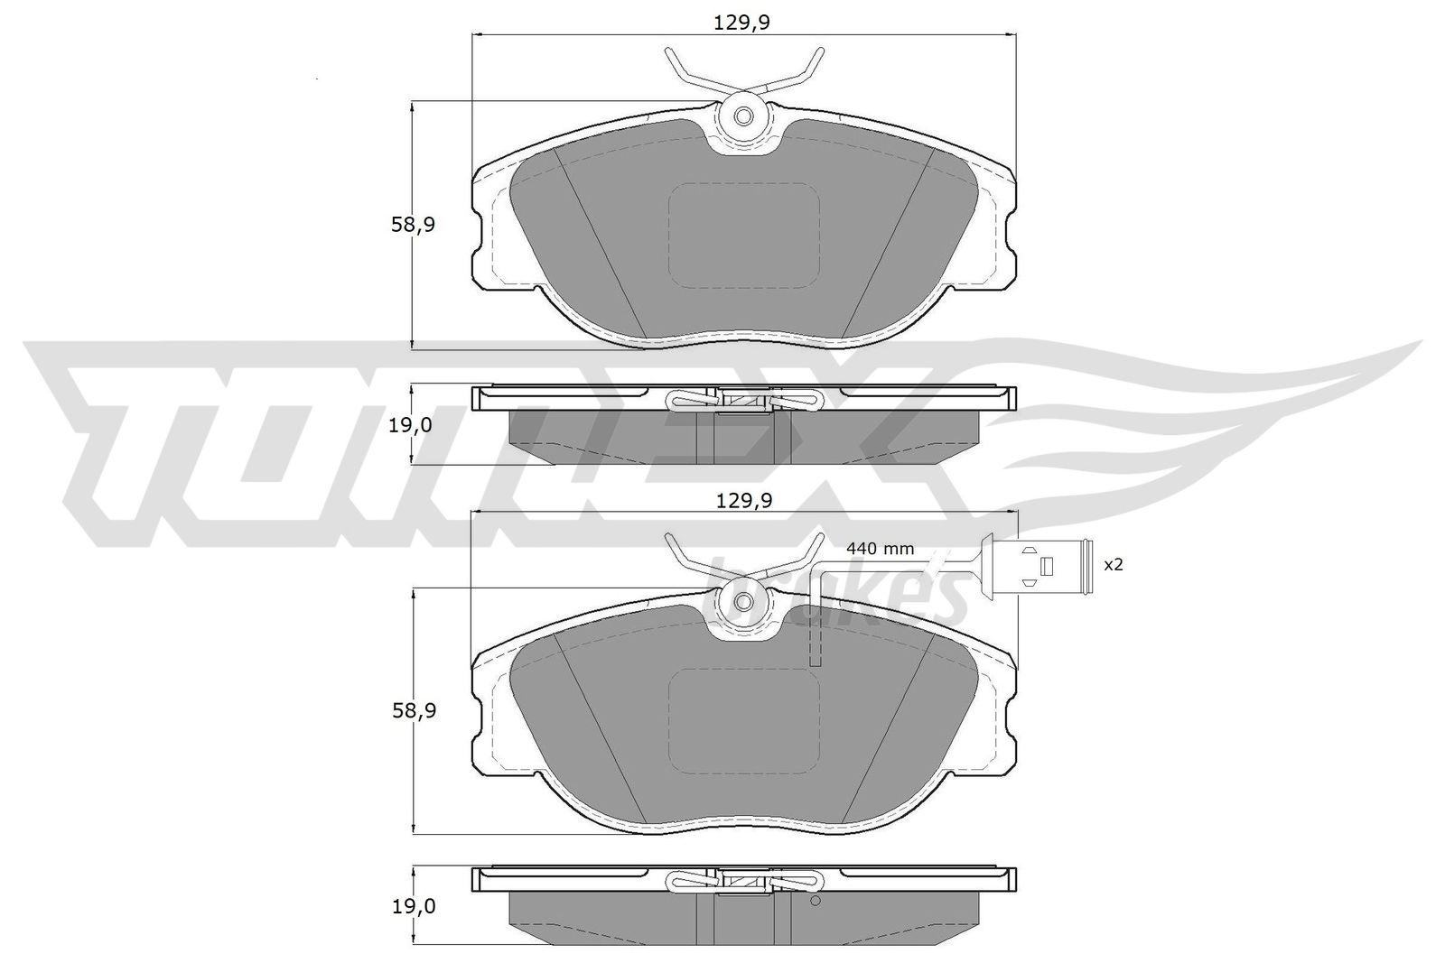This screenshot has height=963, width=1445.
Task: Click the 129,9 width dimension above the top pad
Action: pos(741,23)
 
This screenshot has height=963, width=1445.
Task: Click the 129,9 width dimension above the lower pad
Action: pos(744,500)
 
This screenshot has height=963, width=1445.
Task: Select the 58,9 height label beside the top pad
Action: pos(413,225)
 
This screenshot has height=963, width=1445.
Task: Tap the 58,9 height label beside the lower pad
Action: pos(415,711)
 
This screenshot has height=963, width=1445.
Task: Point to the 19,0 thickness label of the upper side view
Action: pos(410,426)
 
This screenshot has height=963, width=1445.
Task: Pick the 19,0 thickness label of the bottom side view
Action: pos(415,907)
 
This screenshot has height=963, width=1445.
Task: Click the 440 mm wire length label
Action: pos(880,549)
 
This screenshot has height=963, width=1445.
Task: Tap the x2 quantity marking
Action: pos(1114,565)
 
